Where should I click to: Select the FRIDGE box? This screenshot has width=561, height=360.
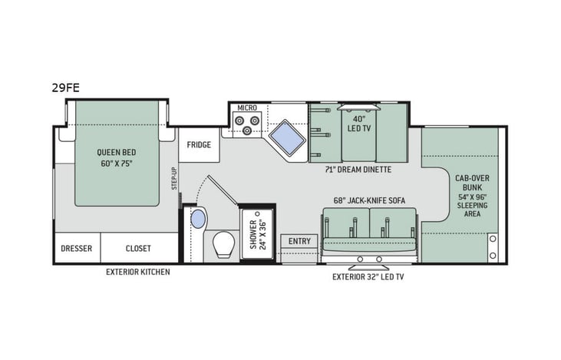coord(199,144)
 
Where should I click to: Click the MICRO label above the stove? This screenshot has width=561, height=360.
coord(246,108)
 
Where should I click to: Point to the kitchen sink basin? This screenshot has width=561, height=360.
coord(286,139)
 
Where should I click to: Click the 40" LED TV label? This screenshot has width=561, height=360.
coord(358,123)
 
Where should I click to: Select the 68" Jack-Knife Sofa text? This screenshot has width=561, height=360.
coord(369,200)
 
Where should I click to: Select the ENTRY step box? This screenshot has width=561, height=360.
coord(299,241)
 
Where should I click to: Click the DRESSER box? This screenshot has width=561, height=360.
coord(77,249)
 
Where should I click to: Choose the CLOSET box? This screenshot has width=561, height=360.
coord(138,249)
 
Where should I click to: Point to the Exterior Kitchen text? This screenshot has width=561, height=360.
coord(138,272)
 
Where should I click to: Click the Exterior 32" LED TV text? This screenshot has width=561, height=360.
coord(368,276)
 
